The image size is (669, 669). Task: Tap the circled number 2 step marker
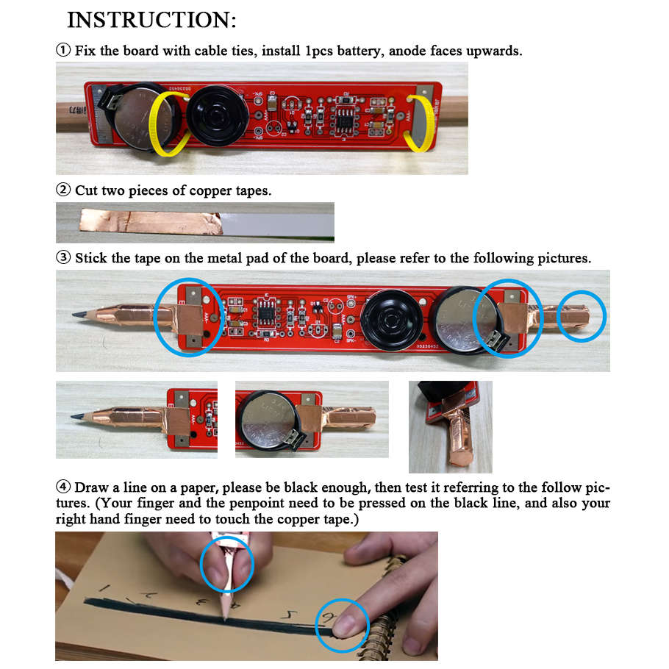coord(63,190)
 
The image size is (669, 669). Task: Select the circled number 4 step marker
coord(63,487)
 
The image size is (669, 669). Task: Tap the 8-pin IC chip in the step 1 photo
coord(344,117)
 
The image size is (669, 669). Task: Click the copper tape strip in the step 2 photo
coord(147,221)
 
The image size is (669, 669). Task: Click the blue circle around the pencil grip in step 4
coord(226,564)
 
